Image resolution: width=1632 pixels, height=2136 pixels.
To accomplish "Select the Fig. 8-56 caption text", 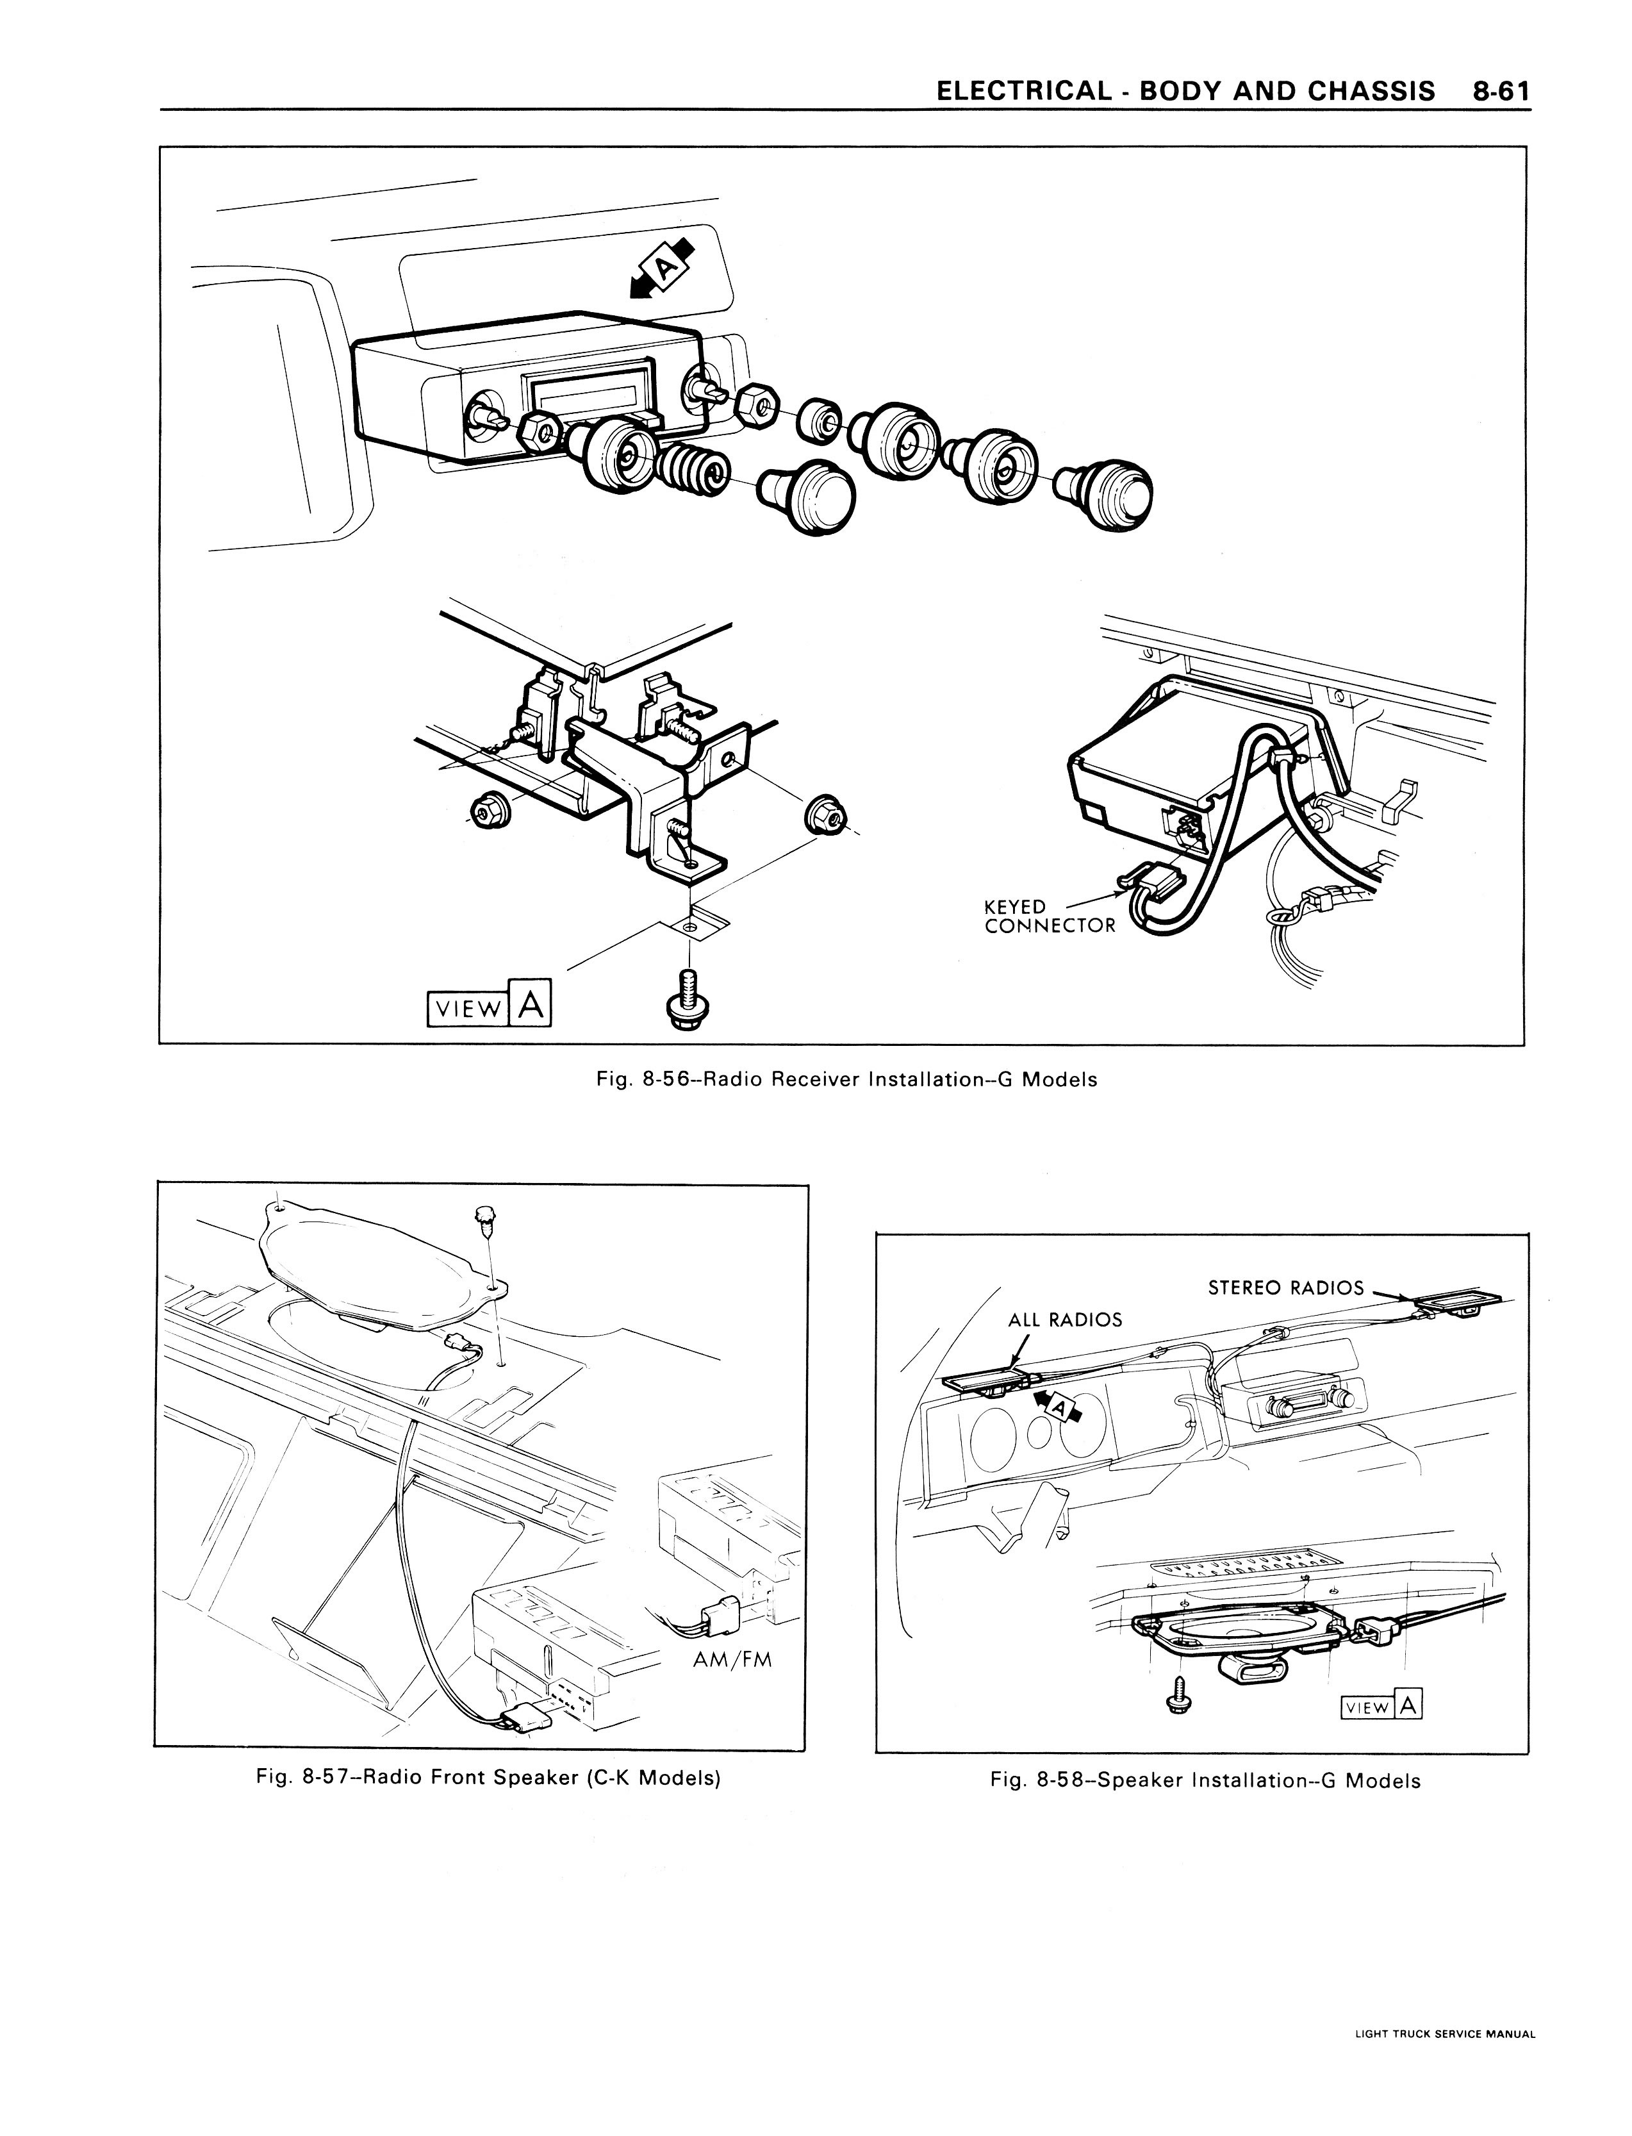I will pos(845,1079).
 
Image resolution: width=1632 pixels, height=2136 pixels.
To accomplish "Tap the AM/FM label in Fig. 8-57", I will pos(732,1659).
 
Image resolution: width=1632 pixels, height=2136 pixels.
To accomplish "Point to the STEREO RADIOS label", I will pos(1285,1288).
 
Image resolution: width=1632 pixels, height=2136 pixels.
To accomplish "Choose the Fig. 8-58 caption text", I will pos(1205,1780).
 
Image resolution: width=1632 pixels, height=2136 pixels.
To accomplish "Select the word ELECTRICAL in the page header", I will pos(1023,91).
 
